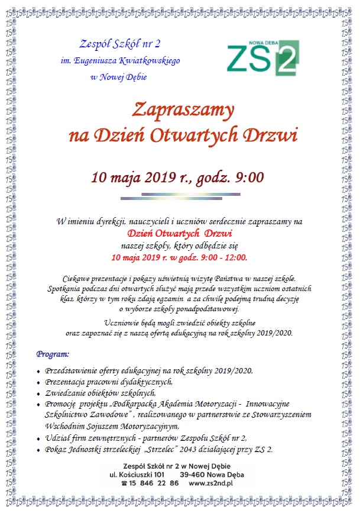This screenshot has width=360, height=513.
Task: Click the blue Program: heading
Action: click(x=53, y=354)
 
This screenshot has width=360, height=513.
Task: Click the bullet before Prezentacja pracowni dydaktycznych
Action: click(x=38, y=382)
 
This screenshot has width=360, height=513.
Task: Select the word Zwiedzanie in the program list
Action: click(x=66, y=393)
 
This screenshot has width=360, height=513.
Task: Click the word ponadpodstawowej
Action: click(x=203, y=308)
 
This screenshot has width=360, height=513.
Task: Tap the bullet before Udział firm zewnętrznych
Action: click(x=38, y=438)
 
